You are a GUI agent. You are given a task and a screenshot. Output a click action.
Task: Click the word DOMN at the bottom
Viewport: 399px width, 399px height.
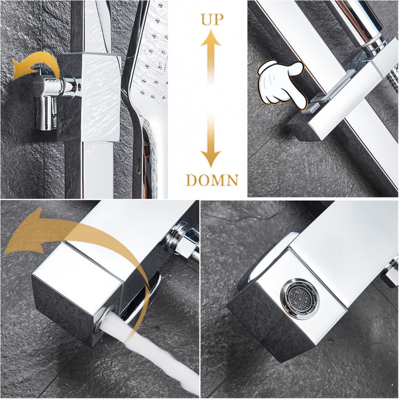[212, 180]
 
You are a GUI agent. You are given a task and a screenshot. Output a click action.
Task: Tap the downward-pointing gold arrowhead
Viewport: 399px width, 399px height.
[211, 158]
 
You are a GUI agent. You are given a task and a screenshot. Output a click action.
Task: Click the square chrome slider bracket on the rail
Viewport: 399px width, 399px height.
[89, 97]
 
